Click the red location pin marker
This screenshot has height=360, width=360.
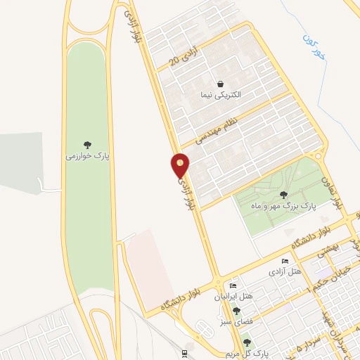[x=181, y=166]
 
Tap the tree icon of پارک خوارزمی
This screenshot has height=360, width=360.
[x=88, y=145]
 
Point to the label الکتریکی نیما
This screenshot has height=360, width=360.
[x=221, y=94]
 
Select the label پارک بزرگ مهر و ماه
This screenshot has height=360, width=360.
[x=283, y=207]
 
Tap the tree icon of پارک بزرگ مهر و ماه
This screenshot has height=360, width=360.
[x=283, y=195]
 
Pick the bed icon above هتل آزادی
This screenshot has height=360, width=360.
[x=284, y=261]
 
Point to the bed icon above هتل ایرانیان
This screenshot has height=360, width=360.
[x=233, y=286]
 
